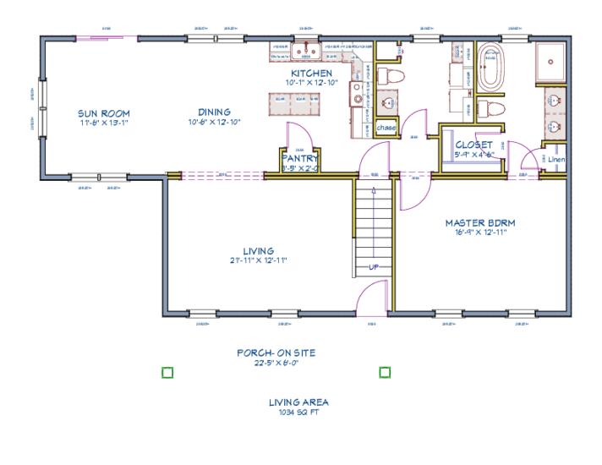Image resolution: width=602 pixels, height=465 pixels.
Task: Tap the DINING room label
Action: point(215,112)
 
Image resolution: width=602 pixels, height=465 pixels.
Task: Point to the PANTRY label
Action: point(299,157)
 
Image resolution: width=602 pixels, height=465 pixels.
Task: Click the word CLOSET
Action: point(473,145)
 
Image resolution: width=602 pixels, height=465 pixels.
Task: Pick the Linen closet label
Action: point(555,159)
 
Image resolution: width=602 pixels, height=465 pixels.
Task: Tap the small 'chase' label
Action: point(386,128)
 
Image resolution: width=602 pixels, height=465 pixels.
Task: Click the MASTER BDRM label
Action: point(480,223)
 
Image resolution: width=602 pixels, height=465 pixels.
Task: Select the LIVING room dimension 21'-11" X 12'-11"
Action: point(259,260)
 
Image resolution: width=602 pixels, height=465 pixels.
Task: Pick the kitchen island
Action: point(297,103)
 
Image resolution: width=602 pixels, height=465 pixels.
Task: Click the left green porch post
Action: point(167,371)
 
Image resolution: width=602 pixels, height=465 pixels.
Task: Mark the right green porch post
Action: point(385,371)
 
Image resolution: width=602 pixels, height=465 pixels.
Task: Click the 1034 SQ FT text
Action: point(298,413)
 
